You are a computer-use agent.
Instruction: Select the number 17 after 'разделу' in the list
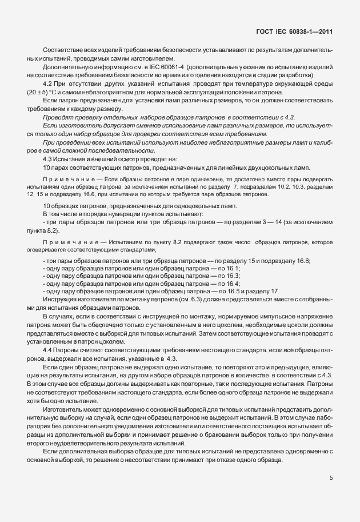coord(275,291)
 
